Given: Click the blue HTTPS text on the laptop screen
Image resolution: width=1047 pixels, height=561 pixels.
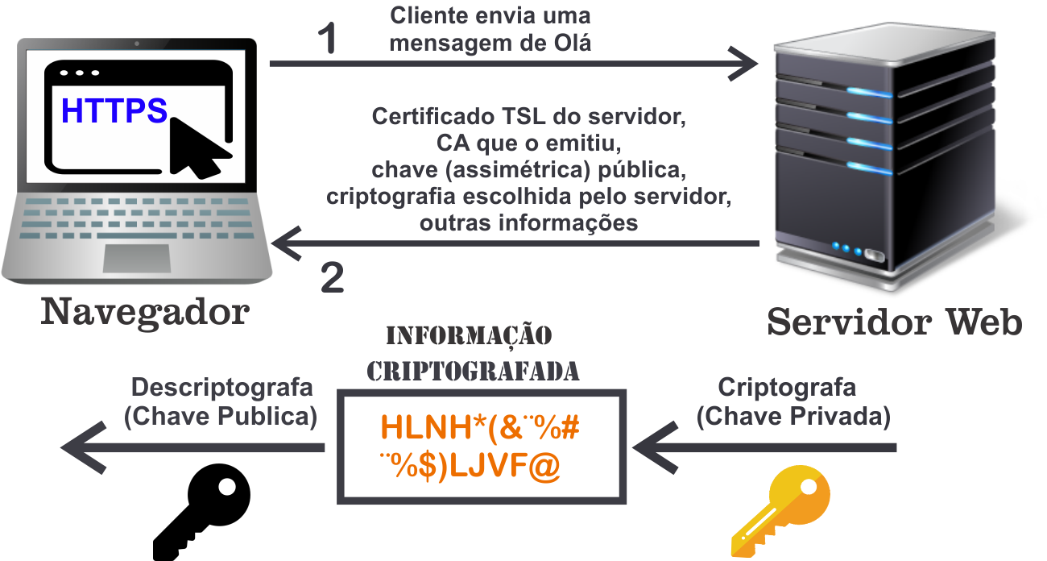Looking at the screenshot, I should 114,110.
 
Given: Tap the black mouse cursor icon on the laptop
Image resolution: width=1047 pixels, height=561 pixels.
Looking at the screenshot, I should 198,145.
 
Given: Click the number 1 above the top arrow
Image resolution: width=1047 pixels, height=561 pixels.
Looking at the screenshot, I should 325,39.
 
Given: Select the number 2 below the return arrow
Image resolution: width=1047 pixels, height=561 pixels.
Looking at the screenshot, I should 332,278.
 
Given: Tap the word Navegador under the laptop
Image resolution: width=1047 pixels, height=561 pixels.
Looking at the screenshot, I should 145,313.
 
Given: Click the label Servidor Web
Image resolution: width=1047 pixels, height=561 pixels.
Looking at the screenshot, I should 894,322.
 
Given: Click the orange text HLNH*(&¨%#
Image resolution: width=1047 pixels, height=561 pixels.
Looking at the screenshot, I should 481,427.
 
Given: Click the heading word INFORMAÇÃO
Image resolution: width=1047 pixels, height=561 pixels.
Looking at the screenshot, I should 470,335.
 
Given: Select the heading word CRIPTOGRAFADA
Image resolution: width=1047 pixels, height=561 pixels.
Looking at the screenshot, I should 473,371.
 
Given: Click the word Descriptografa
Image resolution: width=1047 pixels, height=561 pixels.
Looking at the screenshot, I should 221,387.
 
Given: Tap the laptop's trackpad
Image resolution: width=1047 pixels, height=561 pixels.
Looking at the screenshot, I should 137,257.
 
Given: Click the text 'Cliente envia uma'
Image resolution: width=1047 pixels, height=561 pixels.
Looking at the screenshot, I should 490,15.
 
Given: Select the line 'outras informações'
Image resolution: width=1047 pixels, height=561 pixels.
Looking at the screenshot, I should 528,222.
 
